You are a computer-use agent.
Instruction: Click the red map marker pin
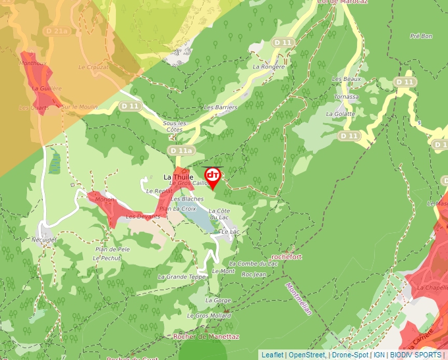click(213, 176)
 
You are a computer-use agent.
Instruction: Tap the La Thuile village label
click(177, 177)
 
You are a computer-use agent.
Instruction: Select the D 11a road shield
click(181, 151)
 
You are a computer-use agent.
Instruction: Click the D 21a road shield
click(57, 31)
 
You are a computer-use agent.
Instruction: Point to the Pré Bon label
click(420, 36)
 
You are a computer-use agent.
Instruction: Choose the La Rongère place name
click(269, 66)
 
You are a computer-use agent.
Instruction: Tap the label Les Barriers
click(220, 107)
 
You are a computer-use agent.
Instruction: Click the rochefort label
click(287, 257)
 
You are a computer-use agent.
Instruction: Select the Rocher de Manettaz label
click(206, 336)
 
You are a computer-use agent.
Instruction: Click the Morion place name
click(105, 199)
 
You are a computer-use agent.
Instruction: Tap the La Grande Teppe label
click(181, 277)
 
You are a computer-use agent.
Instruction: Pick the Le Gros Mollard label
click(209, 316)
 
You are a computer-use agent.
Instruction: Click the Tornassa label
click(347, 97)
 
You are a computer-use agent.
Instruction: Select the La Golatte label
click(340, 114)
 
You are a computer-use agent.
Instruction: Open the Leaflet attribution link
click(272, 355)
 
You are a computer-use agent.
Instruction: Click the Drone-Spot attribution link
click(350, 355)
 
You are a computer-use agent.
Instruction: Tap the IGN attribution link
click(379, 355)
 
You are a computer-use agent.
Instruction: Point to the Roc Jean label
click(254, 274)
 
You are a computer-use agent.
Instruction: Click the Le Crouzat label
click(93, 67)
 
